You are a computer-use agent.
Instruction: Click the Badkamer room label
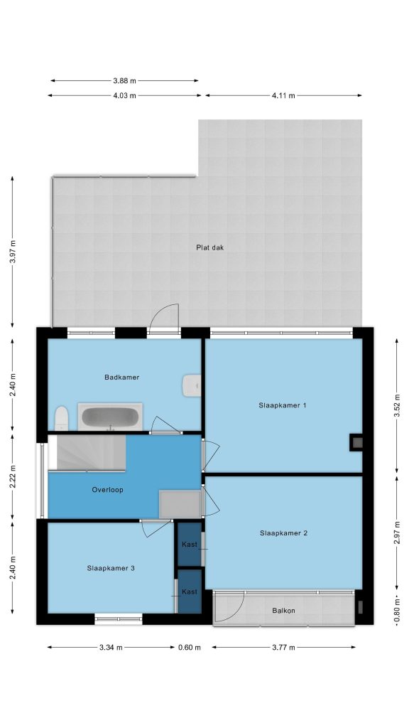click(122, 377)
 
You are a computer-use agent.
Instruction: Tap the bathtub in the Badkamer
click(110, 417)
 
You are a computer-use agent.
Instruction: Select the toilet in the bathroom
click(61, 418)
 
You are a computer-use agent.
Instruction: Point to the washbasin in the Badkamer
click(192, 386)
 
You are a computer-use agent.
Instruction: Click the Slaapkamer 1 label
click(283, 405)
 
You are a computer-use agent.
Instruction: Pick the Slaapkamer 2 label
click(283, 533)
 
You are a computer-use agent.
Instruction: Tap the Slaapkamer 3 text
click(111, 568)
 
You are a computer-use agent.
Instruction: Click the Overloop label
click(108, 489)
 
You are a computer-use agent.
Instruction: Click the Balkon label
click(283, 611)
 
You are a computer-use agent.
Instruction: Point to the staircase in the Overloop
click(87, 453)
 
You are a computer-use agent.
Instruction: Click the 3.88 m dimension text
click(125, 81)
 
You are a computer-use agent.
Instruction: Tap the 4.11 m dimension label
click(283, 96)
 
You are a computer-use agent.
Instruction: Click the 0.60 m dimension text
click(190, 648)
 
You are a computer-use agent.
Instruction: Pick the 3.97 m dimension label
click(13, 252)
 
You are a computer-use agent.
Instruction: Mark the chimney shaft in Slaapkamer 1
click(356, 442)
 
